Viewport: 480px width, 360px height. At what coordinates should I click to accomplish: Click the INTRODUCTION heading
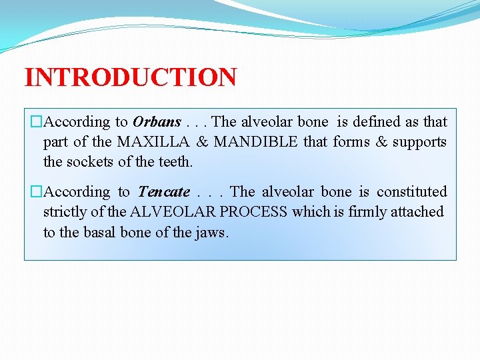coord(131,77)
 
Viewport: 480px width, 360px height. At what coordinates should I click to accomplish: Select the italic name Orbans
coord(157,122)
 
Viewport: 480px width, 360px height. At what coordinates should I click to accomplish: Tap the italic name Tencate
coord(163,192)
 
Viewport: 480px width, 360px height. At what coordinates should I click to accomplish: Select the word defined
coord(376,122)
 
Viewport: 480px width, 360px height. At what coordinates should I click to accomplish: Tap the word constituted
coord(411,192)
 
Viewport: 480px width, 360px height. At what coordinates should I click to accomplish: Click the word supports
coord(419,142)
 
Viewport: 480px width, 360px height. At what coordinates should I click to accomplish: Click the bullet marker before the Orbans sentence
coord(36,122)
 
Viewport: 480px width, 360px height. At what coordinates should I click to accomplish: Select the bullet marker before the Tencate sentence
coord(36,192)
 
